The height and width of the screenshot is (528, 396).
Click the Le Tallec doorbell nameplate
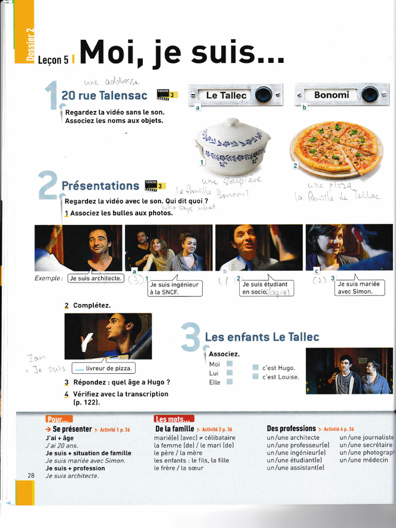click(227, 95)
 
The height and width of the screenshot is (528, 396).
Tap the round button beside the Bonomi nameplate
click(369, 94)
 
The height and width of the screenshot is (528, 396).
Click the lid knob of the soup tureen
click(233, 122)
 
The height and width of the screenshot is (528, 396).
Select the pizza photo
click(336, 147)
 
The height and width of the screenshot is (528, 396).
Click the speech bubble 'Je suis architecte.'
click(96, 278)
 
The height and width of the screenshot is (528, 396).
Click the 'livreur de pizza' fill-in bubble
click(103, 368)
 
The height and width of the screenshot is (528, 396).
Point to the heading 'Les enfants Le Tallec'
click(262, 337)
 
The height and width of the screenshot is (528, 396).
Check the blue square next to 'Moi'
click(229, 364)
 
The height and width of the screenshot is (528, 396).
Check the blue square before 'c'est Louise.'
click(255, 377)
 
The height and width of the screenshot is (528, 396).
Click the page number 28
click(31, 475)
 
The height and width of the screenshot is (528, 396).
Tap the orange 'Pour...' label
click(59, 419)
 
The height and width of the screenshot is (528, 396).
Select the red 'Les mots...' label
click(174, 419)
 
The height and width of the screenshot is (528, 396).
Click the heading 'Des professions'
click(291, 428)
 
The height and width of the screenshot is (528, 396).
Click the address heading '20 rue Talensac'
click(104, 95)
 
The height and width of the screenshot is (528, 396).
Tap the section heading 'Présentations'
click(100, 186)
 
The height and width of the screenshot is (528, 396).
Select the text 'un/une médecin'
click(364, 460)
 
